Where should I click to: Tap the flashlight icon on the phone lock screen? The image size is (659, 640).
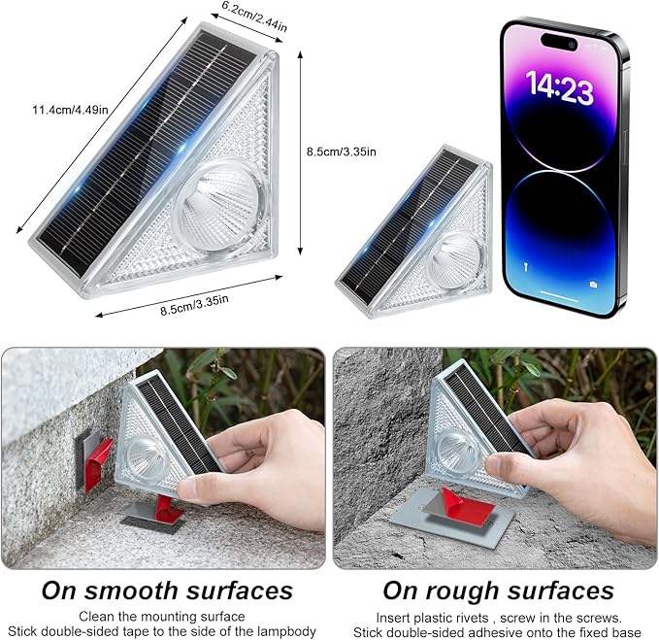pyautogui.click(x=524, y=263)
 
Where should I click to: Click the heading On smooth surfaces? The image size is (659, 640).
pyautogui.click(x=167, y=590)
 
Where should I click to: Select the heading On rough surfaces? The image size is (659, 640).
pyautogui.click(x=497, y=590)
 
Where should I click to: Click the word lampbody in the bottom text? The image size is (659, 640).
pyautogui.click(x=286, y=631)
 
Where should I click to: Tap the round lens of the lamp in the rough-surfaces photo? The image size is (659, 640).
pyautogui.click(x=453, y=448)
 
